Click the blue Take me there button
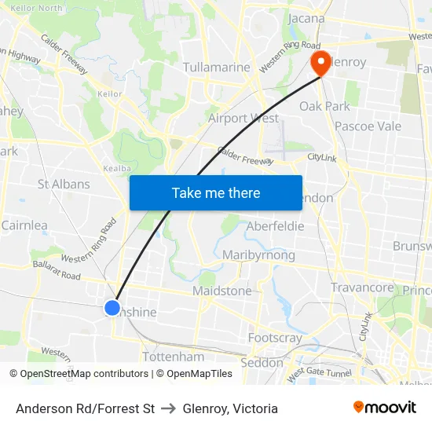tap(216, 192)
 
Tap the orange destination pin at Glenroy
tap(320, 63)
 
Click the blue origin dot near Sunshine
tap(112, 308)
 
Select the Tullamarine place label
tap(216, 68)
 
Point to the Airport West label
tap(243, 119)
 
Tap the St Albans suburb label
tap(64, 185)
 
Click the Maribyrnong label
tap(258, 255)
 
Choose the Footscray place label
tap(275, 338)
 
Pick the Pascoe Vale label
tap(368, 126)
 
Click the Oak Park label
tap(324, 106)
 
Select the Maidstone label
tap(222, 291)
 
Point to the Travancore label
tap(361, 288)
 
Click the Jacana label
tap(307, 18)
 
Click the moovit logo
tap(385, 408)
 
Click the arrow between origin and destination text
tap(168, 408)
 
